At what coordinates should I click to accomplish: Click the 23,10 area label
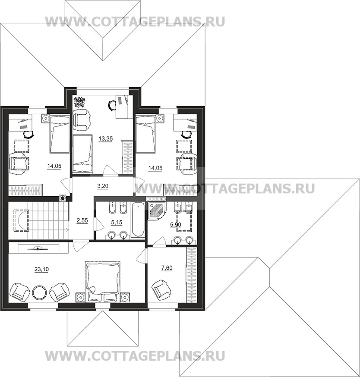coord(41,269)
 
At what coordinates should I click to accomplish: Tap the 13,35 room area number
coord(106,138)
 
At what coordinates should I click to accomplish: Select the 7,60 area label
coord(167,267)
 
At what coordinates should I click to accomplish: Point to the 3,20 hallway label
coord(103,185)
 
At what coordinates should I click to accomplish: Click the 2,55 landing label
coord(82,220)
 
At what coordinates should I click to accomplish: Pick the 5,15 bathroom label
coord(117,223)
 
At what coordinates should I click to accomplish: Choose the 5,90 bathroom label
coord(176,225)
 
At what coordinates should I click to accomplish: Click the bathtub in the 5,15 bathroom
coord(138,219)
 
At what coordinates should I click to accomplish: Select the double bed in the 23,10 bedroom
coord(102,281)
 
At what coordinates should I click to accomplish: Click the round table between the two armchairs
coord(39,292)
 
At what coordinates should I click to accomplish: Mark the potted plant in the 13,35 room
coord(80,102)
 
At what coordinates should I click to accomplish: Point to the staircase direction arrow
coord(48,230)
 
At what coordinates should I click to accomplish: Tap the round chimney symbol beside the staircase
coord(63,198)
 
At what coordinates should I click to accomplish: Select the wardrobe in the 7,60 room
coord(192,275)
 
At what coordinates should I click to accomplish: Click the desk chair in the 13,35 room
coord(112,106)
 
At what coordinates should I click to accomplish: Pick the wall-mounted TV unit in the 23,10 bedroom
coord(38,248)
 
